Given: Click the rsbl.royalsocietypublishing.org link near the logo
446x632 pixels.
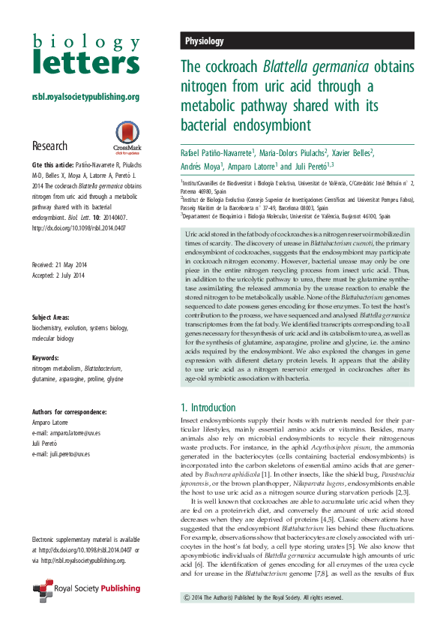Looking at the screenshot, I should coord(85,97).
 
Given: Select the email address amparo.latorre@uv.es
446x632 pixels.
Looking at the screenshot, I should coord(69,433).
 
